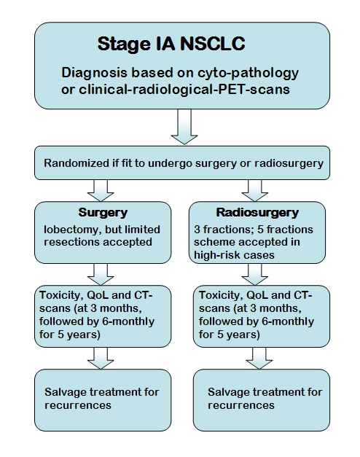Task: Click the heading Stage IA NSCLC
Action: pyautogui.click(x=171, y=44)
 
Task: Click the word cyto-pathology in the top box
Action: pyautogui.click(x=248, y=73)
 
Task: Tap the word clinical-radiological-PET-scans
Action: pyautogui.click(x=184, y=89)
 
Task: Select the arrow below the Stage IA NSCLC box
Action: pyautogui.click(x=184, y=127)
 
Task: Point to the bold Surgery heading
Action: pyautogui.click(x=103, y=213)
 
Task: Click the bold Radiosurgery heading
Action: pyautogui.click(x=257, y=213)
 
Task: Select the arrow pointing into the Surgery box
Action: pyautogui.click(x=101, y=191)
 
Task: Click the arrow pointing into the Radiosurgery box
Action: pyautogui.click(x=255, y=191)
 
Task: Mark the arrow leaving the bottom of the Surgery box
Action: pyautogui.click(x=101, y=275)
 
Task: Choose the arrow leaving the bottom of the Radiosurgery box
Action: pyautogui.click(x=255, y=275)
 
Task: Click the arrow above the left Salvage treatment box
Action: pyautogui.click(x=101, y=358)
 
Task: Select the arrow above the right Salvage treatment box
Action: pyautogui.click(x=259, y=358)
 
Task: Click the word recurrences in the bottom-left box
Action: pyautogui.click(x=78, y=405)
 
